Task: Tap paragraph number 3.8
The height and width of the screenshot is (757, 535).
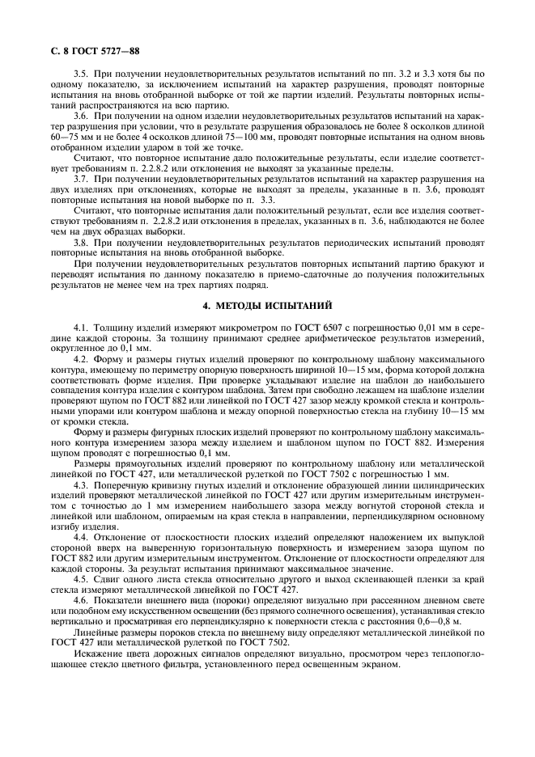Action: (81, 242)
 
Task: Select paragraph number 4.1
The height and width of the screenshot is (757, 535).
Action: (81, 326)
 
